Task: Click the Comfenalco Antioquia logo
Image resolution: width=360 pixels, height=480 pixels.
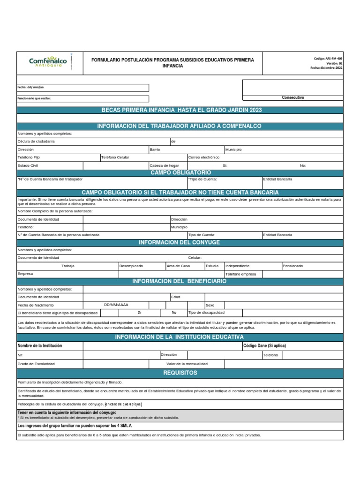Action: click(x=48, y=62)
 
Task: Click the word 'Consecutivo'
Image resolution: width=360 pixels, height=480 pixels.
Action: click(x=293, y=97)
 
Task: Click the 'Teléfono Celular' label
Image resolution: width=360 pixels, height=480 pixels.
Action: click(x=115, y=157)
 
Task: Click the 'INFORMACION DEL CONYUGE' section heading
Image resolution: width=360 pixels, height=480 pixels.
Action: click(x=180, y=242)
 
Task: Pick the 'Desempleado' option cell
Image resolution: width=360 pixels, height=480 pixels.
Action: click(x=131, y=266)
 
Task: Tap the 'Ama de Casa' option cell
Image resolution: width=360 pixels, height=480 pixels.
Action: click(x=178, y=266)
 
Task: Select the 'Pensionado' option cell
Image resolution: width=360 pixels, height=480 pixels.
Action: click(x=292, y=266)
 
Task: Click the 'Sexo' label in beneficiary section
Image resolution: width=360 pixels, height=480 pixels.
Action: click(x=210, y=305)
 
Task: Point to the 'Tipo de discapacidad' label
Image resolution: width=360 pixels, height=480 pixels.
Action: click(x=206, y=312)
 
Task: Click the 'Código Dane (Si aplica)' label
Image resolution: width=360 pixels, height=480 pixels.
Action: click(x=264, y=345)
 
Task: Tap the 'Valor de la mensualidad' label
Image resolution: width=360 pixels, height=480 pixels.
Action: click(x=187, y=364)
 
